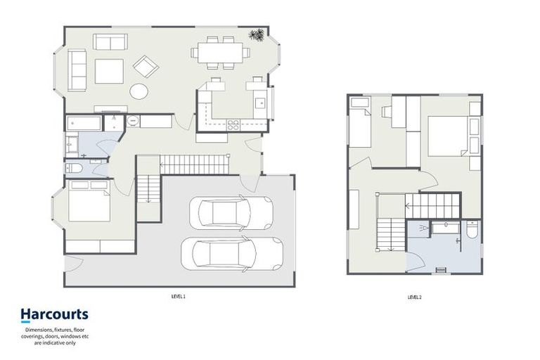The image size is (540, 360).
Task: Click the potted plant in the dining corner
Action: tap(258, 34)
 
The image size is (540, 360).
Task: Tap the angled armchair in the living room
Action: tap(146, 67)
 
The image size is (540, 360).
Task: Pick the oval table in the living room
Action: tap(139, 91)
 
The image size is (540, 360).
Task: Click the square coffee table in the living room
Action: tap(109, 71)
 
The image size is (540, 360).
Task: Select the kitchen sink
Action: tap(262, 103)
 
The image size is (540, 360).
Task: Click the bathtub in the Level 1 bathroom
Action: tap(84, 122)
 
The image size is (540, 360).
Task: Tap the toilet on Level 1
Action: tap(76, 168)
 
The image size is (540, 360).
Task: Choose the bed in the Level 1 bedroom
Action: tap(89, 201)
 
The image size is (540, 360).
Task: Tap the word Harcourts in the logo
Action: tap(53, 314)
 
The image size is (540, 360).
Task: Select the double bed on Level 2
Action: tap(448, 136)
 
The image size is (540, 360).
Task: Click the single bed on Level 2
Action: tap(360, 126)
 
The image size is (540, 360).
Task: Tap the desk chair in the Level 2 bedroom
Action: tap(386, 111)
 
